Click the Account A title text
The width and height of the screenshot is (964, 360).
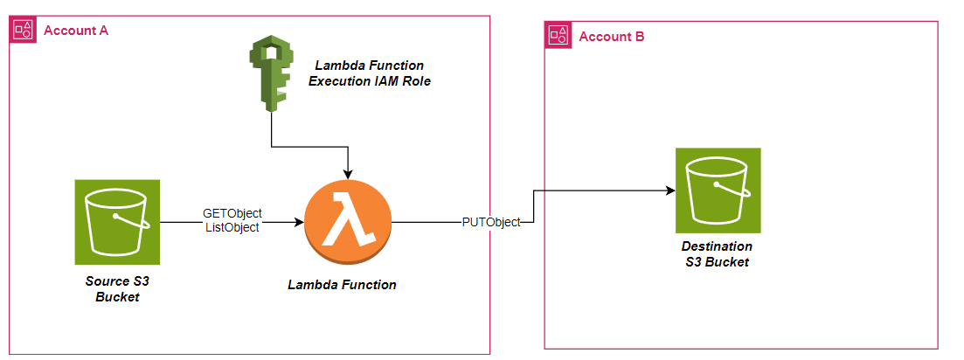click(76, 31)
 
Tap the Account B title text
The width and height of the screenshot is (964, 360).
click(612, 37)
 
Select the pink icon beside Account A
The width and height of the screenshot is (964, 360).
click(23, 31)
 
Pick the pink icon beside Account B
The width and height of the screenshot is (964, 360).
click(558, 36)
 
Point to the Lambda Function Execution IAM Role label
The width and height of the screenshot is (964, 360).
click(370, 73)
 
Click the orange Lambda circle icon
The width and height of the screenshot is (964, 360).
click(348, 223)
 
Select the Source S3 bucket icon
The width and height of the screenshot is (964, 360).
click(118, 222)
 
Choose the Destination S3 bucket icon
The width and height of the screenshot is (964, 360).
click(718, 190)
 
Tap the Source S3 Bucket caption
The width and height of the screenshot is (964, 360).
click(118, 289)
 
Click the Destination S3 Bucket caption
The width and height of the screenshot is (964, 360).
click(717, 254)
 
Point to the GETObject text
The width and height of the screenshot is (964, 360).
click(232, 213)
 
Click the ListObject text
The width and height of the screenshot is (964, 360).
click(232, 227)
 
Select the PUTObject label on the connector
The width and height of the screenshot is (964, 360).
click(490, 222)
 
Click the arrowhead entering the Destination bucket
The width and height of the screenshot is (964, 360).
click(669, 190)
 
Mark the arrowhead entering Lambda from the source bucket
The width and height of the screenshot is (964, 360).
click(299, 222)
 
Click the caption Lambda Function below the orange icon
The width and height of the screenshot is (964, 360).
click(342, 285)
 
